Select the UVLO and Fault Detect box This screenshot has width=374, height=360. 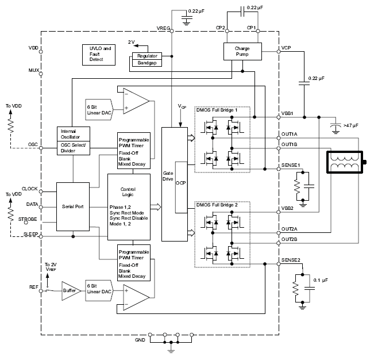pos(99,54)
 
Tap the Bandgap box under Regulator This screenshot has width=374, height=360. pos(148,63)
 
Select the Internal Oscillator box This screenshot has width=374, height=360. pos(72,133)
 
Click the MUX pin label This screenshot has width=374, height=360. pos(33,70)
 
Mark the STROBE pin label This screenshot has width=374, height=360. pos(29,219)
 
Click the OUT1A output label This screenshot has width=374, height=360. pos(290,133)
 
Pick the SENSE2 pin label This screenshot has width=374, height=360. pos(291,261)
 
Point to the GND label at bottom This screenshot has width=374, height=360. pos(140,340)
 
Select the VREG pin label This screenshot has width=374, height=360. pos(164,28)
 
